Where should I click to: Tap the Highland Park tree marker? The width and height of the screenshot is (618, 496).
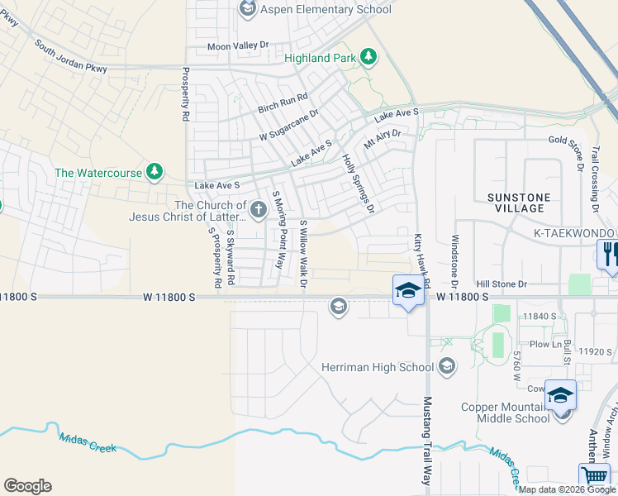click(x=368, y=57)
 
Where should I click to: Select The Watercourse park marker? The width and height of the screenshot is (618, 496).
click(x=154, y=172)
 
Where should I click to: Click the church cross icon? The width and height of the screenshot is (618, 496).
click(x=258, y=210)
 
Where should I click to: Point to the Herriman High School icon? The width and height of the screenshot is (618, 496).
click(x=447, y=365)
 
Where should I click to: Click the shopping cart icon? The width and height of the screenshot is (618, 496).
click(x=594, y=477)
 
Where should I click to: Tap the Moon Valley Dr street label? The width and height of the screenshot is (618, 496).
click(x=238, y=46)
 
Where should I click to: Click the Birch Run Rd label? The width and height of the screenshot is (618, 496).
click(x=283, y=103)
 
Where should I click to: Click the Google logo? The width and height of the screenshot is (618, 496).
click(x=27, y=486)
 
